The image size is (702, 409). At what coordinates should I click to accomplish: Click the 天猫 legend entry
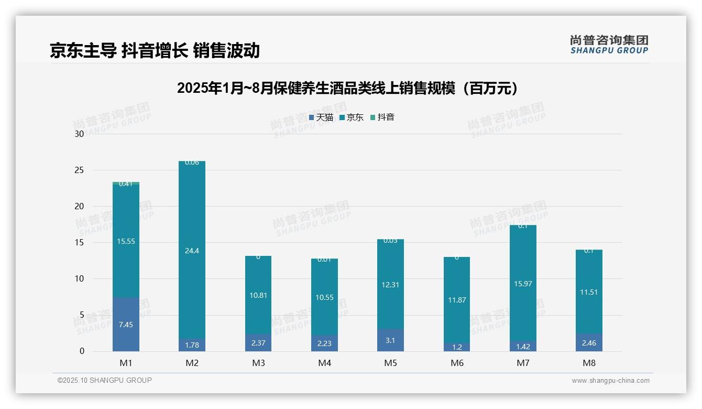click(x=321, y=117)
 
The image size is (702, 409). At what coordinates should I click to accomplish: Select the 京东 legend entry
click(x=352, y=117)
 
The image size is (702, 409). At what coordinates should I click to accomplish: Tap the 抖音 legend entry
click(x=382, y=117)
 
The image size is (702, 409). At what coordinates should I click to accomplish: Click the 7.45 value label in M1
click(x=126, y=325)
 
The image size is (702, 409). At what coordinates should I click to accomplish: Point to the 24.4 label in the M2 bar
click(x=192, y=251)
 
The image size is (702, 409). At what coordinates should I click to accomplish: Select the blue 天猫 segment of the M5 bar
click(x=390, y=340)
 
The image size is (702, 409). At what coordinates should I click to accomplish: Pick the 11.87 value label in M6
click(x=457, y=300)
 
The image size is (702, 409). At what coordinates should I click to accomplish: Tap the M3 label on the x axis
click(x=258, y=363)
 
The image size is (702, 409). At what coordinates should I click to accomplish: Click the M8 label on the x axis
click(x=589, y=363)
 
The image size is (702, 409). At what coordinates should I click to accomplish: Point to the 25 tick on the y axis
click(x=79, y=170)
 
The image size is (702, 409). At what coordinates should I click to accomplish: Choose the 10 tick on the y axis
click(x=79, y=279)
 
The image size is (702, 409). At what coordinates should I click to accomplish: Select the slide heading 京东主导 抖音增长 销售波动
click(x=155, y=50)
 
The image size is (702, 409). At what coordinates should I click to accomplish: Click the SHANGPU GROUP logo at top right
click(x=609, y=45)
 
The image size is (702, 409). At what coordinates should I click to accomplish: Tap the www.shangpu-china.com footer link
click(x=610, y=381)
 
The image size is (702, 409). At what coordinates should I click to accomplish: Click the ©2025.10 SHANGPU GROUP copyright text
click(x=105, y=381)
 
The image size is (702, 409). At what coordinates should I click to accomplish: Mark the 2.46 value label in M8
click(x=589, y=343)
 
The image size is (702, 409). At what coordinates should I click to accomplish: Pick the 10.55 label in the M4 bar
click(x=324, y=297)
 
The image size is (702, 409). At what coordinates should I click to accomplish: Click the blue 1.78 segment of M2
click(x=192, y=346)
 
